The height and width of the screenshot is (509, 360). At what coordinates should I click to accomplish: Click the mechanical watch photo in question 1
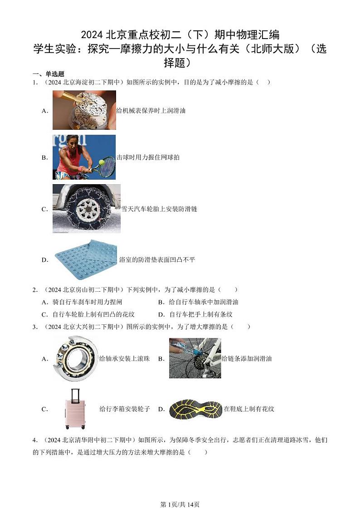click(x=84, y=110)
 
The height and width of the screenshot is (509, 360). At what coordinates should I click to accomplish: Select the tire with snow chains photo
click(x=86, y=209)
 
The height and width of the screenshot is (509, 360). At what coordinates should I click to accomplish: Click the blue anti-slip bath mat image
click(x=86, y=259)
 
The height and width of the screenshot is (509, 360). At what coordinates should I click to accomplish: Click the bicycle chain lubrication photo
click(x=195, y=358)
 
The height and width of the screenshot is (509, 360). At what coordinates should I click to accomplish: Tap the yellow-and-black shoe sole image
click(x=195, y=408)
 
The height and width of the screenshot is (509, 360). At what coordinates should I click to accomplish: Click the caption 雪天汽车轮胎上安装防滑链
click(x=159, y=209)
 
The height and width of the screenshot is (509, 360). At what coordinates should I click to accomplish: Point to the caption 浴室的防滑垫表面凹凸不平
click(x=157, y=260)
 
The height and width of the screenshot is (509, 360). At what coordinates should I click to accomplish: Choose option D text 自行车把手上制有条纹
click(x=201, y=314)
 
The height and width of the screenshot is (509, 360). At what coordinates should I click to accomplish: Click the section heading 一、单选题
click(x=48, y=74)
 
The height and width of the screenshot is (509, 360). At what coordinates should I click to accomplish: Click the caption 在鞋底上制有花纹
click(x=249, y=409)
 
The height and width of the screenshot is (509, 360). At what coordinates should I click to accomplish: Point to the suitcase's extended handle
click(x=75, y=394)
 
